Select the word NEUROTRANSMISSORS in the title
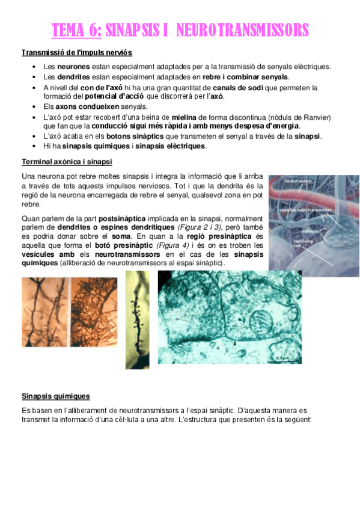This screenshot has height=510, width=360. pyautogui.click(x=243, y=30)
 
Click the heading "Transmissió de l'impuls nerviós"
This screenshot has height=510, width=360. pyautogui.click(x=77, y=53)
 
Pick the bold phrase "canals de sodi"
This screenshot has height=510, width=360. pyautogui.click(x=238, y=87)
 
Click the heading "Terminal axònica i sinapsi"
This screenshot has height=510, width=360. pyautogui.click(x=67, y=162)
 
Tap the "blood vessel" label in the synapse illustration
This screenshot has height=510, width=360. pyautogui.click(x=298, y=180)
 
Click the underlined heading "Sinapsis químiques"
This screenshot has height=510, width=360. pyautogui.click(x=55, y=396)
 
